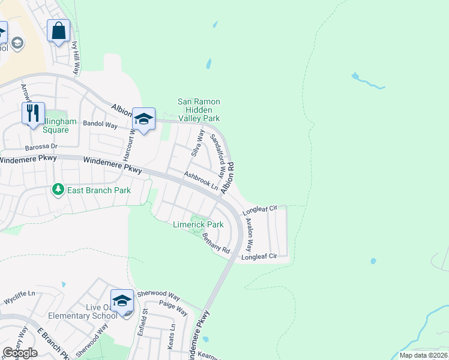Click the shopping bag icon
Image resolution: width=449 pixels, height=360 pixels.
pyautogui.click(x=58, y=31)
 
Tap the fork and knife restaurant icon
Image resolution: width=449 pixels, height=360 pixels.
pyautogui.click(x=33, y=112)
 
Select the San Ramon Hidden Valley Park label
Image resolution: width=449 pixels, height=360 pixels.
pyautogui.click(x=199, y=110)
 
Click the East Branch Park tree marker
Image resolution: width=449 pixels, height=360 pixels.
pyautogui.click(x=58, y=190)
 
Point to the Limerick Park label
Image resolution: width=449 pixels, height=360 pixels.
pyautogui.click(x=198, y=225)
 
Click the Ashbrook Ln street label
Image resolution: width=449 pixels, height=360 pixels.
pyautogui.click(x=201, y=181)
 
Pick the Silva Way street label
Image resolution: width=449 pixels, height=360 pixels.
pyautogui.click(x=196, y=144)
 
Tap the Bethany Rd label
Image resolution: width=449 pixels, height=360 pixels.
pyautogui.click(x=216, y=242)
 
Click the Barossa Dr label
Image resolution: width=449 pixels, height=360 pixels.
pyautogui.click(x=41, y=146)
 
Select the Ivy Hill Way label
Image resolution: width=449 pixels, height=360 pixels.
pyautogui.click(x=75, y=57)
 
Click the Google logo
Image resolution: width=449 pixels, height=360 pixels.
pyautogui.click(x=20, y=353)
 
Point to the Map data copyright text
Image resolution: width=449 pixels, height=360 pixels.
pyautogui.click(x=424, y=355)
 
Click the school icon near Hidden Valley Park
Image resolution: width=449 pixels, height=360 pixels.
pyautogui.click(x=143, y=119)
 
